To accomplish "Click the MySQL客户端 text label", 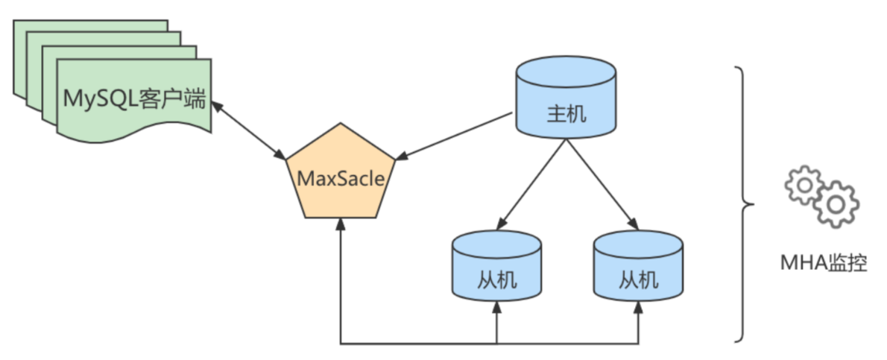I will coord(135,98).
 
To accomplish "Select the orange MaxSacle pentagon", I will coord(341,179).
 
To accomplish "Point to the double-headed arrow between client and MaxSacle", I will coord(249,130).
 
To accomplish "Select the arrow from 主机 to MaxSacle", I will coord(455,135).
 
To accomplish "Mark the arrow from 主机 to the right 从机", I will coord(602,183).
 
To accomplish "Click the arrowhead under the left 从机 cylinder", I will coord(496,307).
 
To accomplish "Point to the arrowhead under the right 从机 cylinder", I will coord(639,307).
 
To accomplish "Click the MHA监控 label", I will coord(823,263).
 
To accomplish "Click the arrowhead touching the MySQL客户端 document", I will coord(216,106).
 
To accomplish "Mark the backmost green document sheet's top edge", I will coord(89,22).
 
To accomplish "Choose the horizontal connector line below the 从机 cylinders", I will coord(417,344).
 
